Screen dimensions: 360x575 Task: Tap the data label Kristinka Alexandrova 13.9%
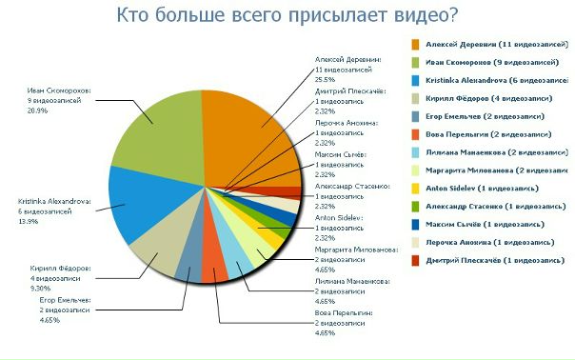pos(54,210)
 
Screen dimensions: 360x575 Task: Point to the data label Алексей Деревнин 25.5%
pos(347,69)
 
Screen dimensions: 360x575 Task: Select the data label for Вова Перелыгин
pos(344,323)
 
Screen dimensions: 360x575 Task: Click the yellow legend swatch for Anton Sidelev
pos(417,189)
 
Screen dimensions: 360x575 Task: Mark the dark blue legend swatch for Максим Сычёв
pos(417,225)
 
